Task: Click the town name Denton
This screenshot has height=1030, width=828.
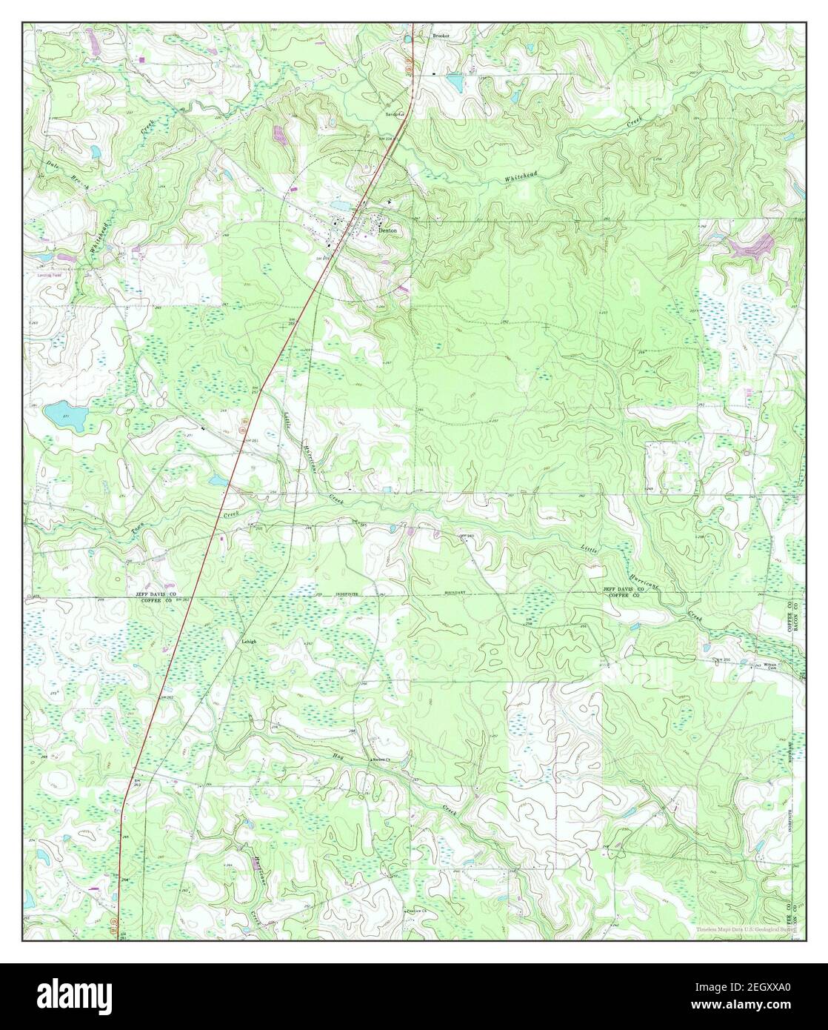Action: click(388, 230)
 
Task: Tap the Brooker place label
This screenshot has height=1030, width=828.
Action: click(441, 35)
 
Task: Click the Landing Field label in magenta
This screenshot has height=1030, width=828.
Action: click(50, 273)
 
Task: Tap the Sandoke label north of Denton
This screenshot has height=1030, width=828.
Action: click(394, 115)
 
